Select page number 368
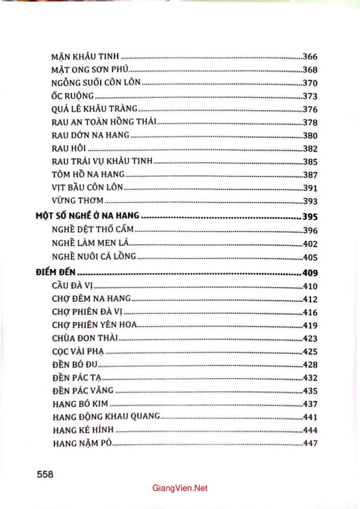(310, 70)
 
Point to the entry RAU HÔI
(69, 149)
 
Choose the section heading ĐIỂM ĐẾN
(56, 272)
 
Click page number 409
(310, 272)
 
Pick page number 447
(310, 443)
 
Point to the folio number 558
(45, 474)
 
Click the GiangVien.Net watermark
(180, 488)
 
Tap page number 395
(310, 216)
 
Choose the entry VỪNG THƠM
(77, 201)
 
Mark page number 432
(310, 378)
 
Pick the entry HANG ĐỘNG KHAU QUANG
(106, 417)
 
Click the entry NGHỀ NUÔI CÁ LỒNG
(94, 257)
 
